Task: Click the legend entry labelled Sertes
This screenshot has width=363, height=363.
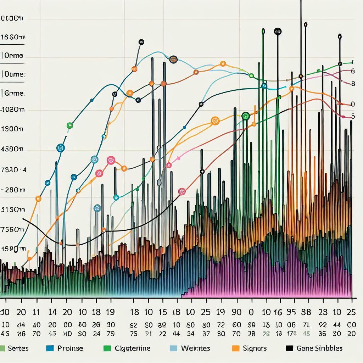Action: pyautogui.click(x=18, y=348)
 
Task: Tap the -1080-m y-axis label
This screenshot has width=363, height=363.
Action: pyautogui.click(x=13, y=110)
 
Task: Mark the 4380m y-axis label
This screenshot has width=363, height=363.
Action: pyautogui.click(x=13, y=150)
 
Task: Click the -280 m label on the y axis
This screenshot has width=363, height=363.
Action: pyautogui.click(x=13, y=190)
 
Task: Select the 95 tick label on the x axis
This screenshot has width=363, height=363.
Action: pyautogui.click(x=291, y=312)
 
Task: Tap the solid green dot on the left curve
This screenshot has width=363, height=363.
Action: pyautogui.click(x=69, y=125)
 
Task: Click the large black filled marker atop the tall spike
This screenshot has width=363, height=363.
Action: pyautogui.click(x=278, y=32)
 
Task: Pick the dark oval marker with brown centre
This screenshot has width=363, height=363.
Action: pyautogui.click(x=173, y=60)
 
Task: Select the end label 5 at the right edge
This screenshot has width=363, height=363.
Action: pyautogui.click(x=353, y=116)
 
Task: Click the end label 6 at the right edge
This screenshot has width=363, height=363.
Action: pyautogui.click(x=353, y=71)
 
